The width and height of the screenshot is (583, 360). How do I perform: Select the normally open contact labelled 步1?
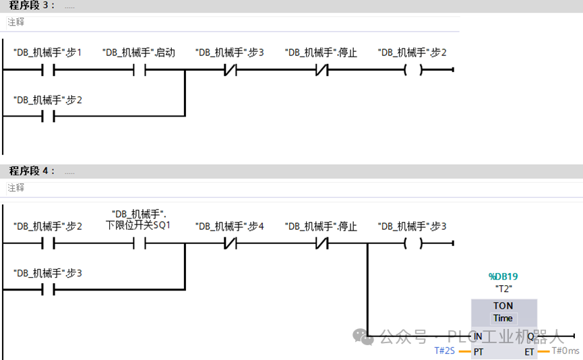point(48,69)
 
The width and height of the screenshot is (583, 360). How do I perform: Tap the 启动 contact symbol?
point(140,69)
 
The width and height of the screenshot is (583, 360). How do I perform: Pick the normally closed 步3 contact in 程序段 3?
point(230,69)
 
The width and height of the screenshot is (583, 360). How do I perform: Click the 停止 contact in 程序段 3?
point(321,69)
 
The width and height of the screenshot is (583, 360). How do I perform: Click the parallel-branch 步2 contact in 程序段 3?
point(48,116)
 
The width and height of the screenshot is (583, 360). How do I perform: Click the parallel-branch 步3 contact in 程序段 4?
point(48,289)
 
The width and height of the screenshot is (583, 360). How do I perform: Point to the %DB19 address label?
point(503,276)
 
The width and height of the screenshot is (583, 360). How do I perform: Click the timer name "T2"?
point(503,289)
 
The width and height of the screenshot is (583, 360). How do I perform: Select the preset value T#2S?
point(444,351)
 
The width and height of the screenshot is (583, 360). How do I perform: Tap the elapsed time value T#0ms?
point(565,351)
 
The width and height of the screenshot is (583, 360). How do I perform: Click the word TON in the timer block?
point(503,305)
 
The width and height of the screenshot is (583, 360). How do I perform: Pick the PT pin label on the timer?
point(478,351)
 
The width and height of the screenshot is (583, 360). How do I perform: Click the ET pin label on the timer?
point(529,351)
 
